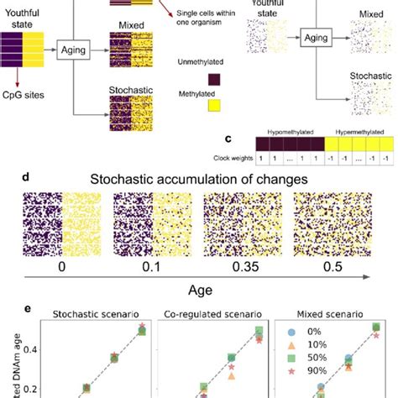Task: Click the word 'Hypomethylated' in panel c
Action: (285, 135)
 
